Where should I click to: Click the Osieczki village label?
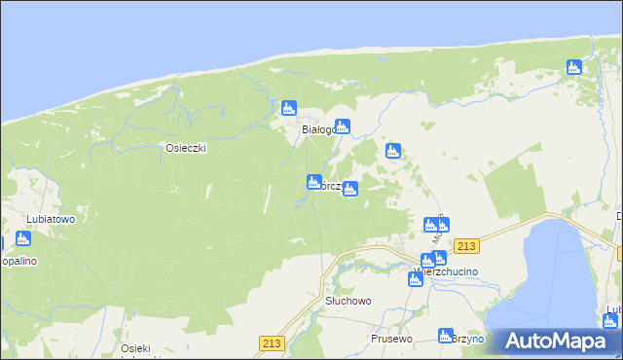pyautogui.click(x=185, y=148)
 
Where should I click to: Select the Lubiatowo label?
pyautogui.click(x=52, y=219)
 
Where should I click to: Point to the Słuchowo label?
pyautogui.click(x=348, y=302)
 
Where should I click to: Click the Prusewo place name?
pyautogui.click(x=391, y=339)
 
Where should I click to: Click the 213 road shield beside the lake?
pyautogui.click(x=467, y=247)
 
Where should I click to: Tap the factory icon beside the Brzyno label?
pyautogui.click(x=446, y=335)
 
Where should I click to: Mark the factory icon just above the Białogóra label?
pyautogui.click(x=288, y=108)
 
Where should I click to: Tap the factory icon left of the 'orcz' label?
pyautogui.click(x=313, y=181)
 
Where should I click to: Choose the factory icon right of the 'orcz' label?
pyautogui.click(x=350, y=189)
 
